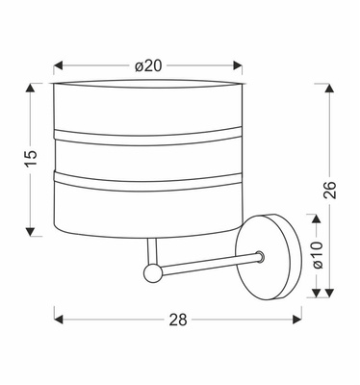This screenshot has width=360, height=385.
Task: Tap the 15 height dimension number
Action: (31, 156)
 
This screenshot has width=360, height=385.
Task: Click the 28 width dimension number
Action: (178, 318)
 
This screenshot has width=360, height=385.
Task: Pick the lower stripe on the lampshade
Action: (146, 176)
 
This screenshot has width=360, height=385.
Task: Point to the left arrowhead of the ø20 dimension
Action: (59, 65)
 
